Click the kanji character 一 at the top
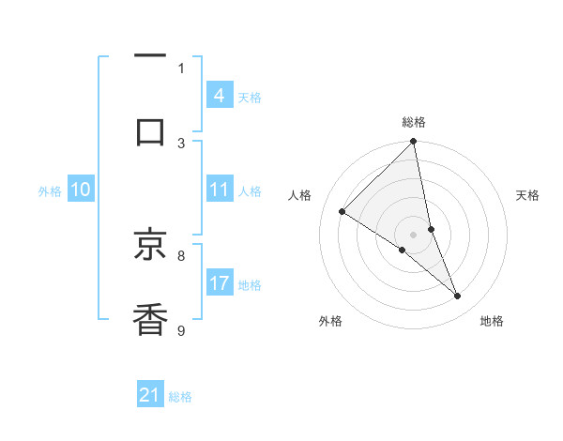[150, 58]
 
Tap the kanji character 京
[150, 246]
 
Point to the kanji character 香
[150, 319]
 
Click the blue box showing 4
[219, 96]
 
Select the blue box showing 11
[219, 190]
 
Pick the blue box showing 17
[219, 283]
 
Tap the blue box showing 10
[81, 190]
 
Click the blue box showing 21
[150, 395]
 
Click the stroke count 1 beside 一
[181, 68]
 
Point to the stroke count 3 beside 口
[181, 143]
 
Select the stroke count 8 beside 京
[181, 254]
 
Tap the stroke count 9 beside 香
[181, 329]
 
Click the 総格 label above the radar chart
[414, 122]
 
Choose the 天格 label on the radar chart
[527, 195]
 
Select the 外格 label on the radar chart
[330, 321]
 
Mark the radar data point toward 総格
[414, 143]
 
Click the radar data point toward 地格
[458, 297]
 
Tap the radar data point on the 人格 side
[342, 212]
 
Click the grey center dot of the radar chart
[414, 234]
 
